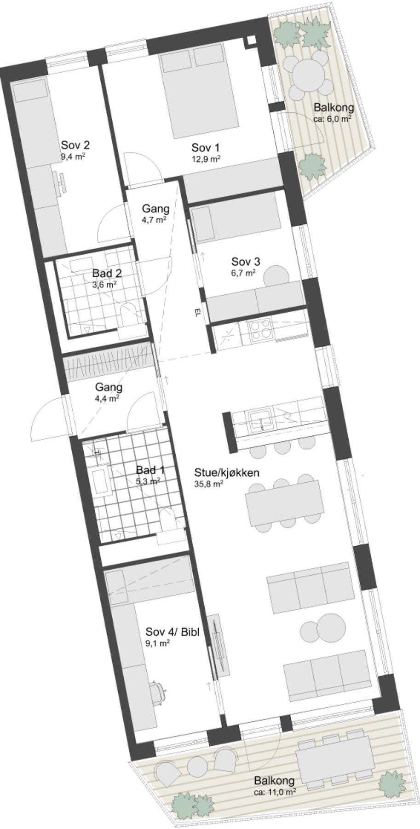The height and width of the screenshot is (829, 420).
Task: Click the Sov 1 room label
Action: pyautogui.click(x=205, y=148)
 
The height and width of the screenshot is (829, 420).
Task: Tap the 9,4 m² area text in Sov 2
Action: pyautogui.click(x=74, y=156)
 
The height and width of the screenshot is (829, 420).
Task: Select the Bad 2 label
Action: pyautogui.click(x=107, y=273)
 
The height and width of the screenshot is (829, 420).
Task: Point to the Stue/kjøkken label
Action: pyautogui.click(x=227, y=473)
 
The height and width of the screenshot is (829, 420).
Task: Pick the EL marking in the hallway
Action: pyautogui.click(x=196, y=314)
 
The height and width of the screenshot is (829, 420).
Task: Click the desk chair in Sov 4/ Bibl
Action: pyautogui.click(x=159, y=689)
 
